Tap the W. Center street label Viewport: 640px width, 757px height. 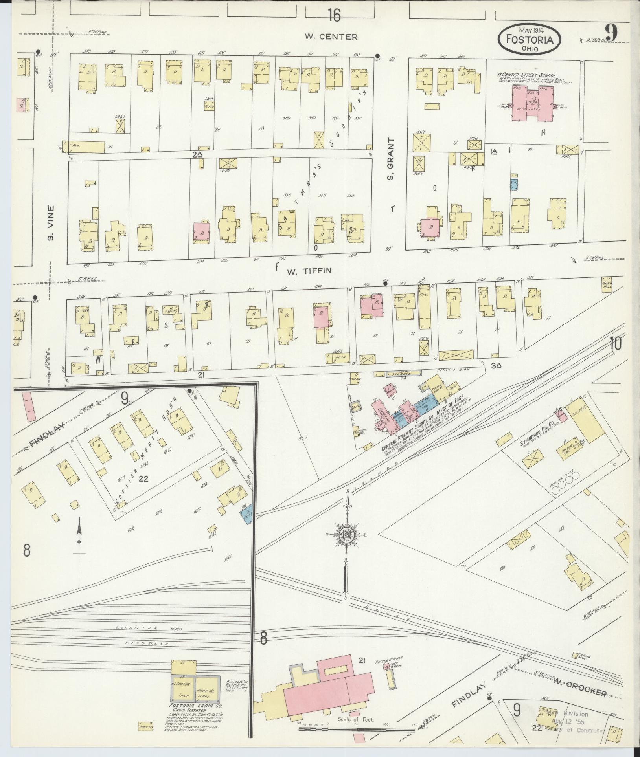[x=331, y=37]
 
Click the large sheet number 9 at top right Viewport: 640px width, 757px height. [x=611, y=32]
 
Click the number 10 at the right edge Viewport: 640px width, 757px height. [x=616, y=344]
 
